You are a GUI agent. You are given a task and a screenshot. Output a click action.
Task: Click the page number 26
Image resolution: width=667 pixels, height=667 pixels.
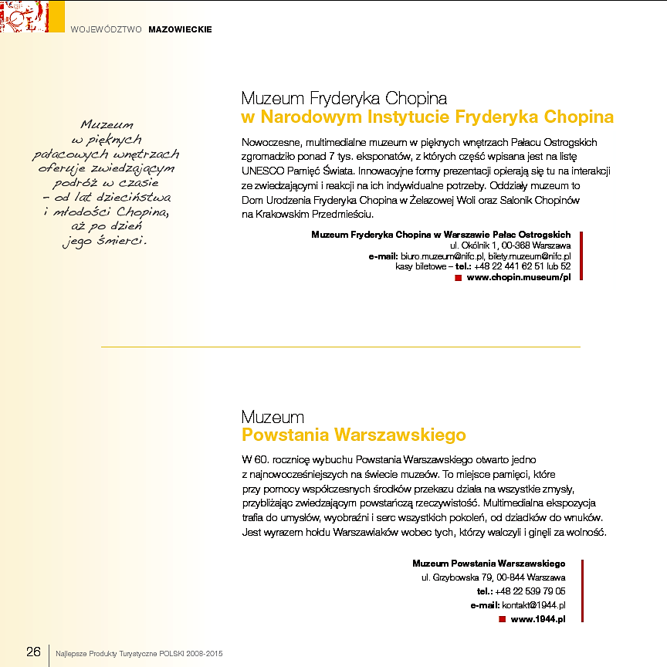pos(33,652)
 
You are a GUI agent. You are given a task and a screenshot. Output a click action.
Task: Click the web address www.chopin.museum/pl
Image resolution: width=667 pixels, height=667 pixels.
pos(519,277)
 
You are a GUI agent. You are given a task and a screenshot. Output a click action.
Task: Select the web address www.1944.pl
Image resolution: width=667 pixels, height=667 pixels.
pos(538,619)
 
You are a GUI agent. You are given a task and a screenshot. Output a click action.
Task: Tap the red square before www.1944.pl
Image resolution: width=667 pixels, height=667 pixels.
pos(502,619)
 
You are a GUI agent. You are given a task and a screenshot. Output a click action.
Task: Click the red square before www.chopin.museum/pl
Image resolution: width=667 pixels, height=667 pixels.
pos(458,277)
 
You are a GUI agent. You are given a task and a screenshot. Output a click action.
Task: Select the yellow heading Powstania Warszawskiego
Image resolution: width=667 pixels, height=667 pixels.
pos(354,435)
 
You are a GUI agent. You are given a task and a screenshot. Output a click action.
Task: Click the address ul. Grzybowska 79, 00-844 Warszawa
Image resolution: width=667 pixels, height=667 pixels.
pos(493,577)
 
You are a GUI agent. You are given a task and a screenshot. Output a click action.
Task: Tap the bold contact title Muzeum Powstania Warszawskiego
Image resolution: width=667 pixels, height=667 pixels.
pos(489,564)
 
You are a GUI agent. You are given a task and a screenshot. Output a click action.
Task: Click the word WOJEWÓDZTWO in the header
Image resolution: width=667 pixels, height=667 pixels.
pos(106,29)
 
